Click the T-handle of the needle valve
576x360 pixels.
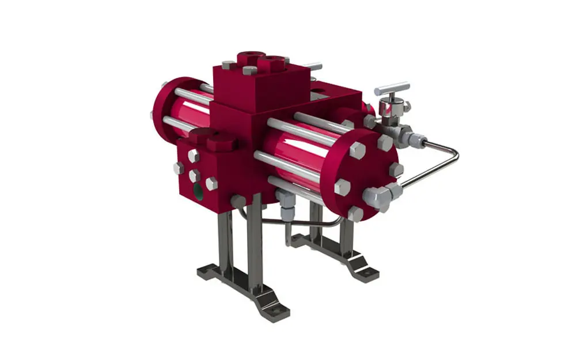tap(392, 89)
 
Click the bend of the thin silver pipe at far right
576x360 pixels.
tap(455, 153)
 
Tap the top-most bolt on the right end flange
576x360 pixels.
tap(357, 150)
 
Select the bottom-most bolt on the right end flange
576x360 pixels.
tap(355, 214)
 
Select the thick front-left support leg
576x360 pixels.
tap(254, 242)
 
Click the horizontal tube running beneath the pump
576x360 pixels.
tap(311, 225)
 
